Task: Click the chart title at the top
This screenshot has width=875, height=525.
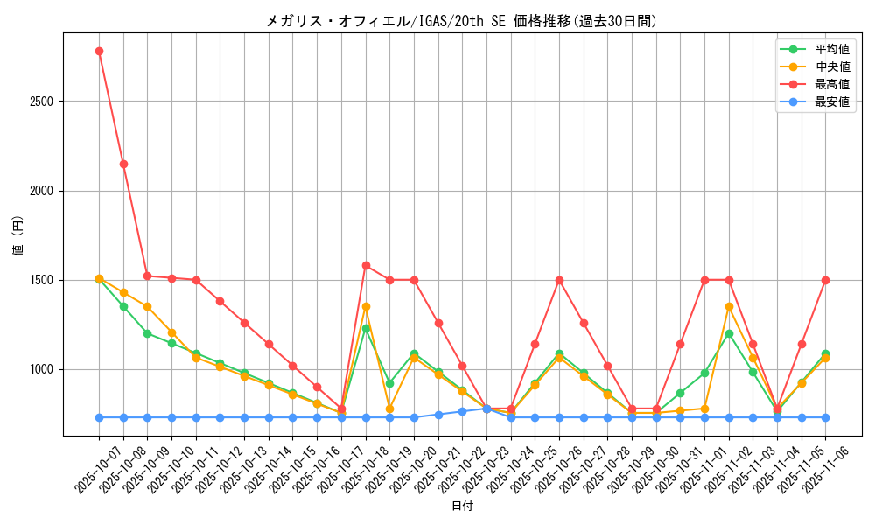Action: point(461,21)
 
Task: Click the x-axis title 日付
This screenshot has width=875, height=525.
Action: point(462,507)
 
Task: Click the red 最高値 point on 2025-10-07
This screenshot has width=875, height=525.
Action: point(99,51)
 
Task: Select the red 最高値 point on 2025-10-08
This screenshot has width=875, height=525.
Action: point(123,164)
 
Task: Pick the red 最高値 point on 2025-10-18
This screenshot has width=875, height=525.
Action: point(366,265)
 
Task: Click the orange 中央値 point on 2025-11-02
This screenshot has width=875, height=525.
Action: point(729,307)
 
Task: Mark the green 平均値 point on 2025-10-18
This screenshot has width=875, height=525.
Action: point(366,328)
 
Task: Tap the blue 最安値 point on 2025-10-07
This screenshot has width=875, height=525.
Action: point(99,417)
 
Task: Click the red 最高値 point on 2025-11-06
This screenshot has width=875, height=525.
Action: point(825,280)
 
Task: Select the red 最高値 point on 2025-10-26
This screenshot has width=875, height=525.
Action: point(559,280)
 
